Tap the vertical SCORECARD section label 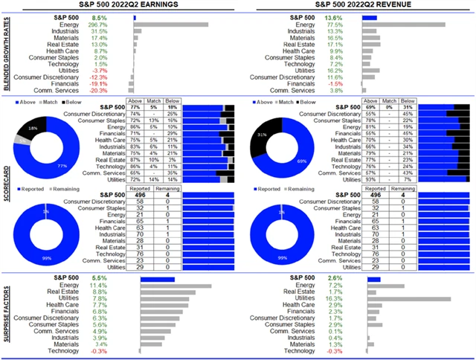(6, 186)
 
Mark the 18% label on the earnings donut (32, 128)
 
